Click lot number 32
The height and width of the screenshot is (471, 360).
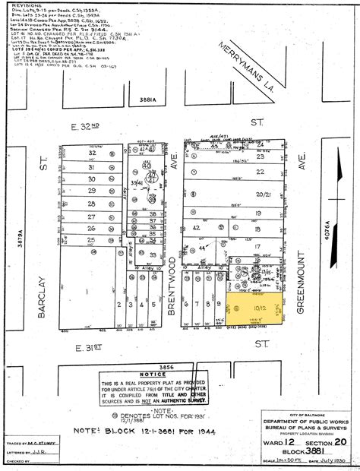click(x=92, y=153)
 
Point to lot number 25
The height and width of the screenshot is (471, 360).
click(x=92, y=240)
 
